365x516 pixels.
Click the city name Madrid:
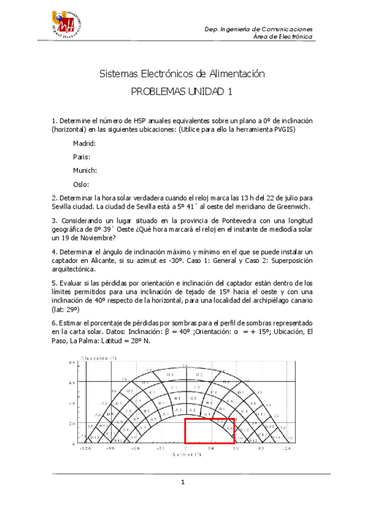[84, 144]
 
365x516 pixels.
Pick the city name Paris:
[82, 157]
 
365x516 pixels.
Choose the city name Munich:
[85, 170]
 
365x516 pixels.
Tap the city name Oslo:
[81, 184]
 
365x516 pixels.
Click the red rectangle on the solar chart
[210, 431]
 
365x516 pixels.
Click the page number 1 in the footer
[182, 483]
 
